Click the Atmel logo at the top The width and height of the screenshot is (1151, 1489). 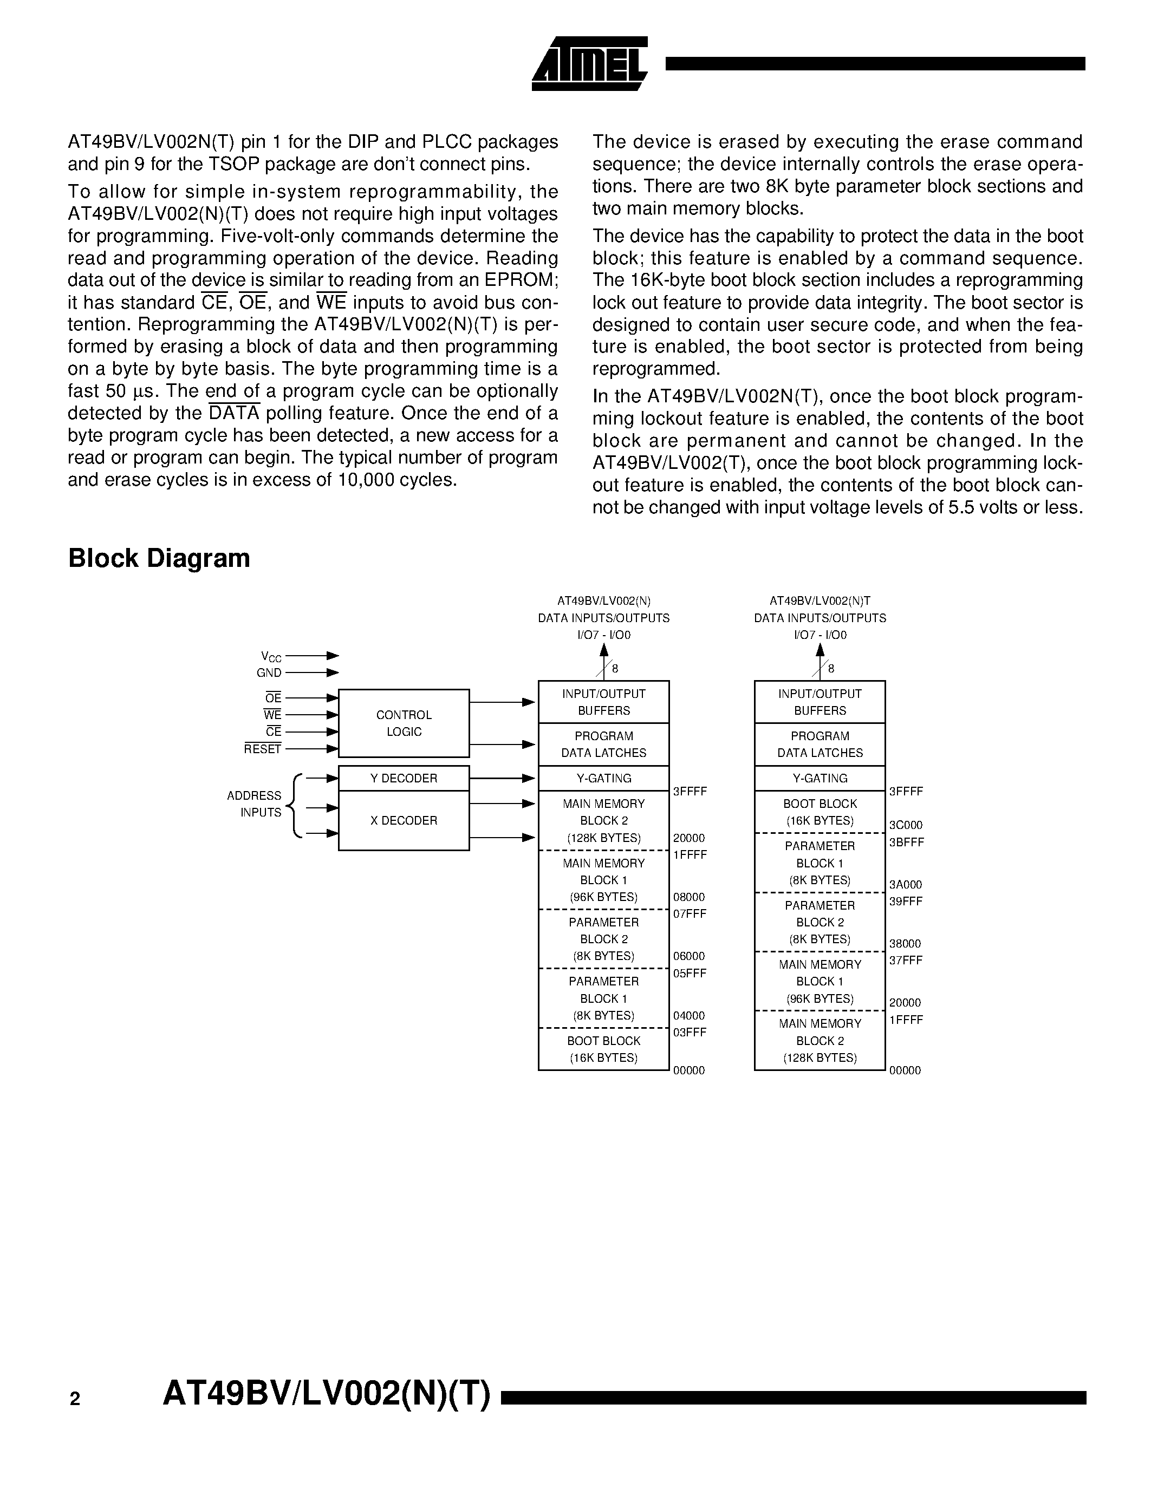[589, 63]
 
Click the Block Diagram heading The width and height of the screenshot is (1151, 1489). [159, 558]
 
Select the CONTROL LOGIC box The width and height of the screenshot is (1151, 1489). [404, 723]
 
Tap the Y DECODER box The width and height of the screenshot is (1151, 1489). [404, 778]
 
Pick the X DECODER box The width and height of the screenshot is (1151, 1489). [404, 820]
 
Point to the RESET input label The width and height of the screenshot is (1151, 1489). [263, 749]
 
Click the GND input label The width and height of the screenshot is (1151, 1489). [269, 673]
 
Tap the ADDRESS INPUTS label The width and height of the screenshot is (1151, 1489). [255, 804]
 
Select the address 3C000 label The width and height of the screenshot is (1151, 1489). [906, 825]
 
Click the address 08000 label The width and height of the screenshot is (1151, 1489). [688, 897]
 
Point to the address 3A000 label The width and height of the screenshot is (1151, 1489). [906, 884]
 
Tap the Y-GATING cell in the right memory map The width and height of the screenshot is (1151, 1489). [820, 778]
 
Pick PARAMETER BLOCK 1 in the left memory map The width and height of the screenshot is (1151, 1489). [603, 998]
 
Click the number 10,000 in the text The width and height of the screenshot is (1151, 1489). [366, 480]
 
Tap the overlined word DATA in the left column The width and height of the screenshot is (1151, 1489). [234, 413]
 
